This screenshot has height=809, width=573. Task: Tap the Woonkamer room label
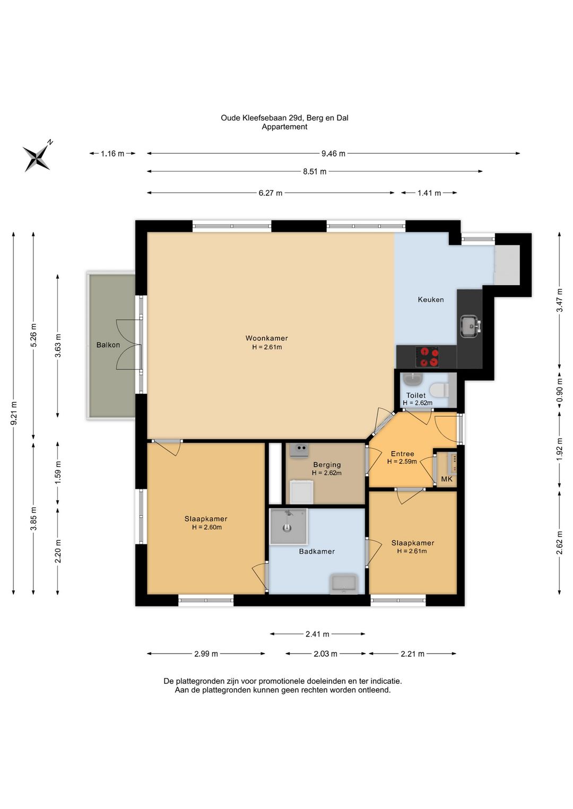coord(266,338)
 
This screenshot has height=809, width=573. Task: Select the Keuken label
coord(431,300)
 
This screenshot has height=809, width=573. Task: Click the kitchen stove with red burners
coord(427,356)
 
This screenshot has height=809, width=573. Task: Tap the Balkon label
coord(108,345)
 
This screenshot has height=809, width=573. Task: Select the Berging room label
coord(327,464)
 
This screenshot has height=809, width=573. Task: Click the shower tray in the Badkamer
coord(289,526)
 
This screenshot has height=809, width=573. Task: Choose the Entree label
coord(402,454)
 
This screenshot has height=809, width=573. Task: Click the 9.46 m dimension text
coord(333,154)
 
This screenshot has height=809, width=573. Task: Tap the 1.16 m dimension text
coord(112,154)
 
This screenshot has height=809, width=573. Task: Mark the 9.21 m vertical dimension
coord(14,413)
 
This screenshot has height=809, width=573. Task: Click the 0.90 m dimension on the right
coord(560,390)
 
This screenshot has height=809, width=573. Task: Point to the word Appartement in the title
coord(284,127)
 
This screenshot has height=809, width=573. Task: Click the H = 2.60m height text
coord(207,527)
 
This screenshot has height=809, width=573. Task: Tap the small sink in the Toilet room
coord(413,379)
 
